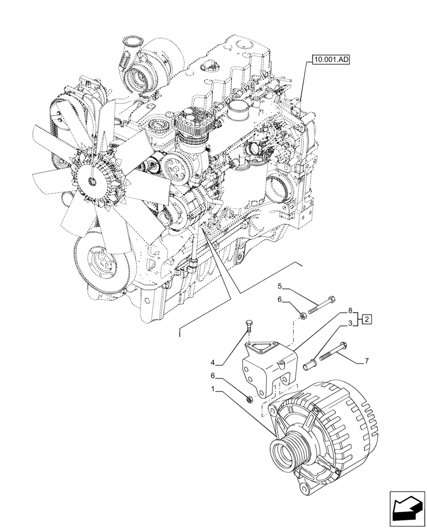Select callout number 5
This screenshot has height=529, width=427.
coord(281,287)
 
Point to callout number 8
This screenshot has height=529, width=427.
coord(350,312)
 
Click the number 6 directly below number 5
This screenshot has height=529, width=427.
coord(281,299)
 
